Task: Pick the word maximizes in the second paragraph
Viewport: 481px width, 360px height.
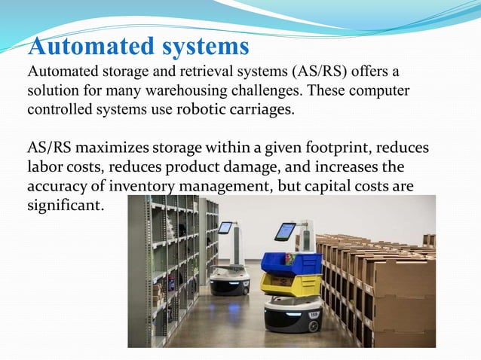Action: coord(109,148)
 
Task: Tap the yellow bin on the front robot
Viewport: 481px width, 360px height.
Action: coord(290,284)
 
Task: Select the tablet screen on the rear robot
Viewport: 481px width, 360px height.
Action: coord(225,227)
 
